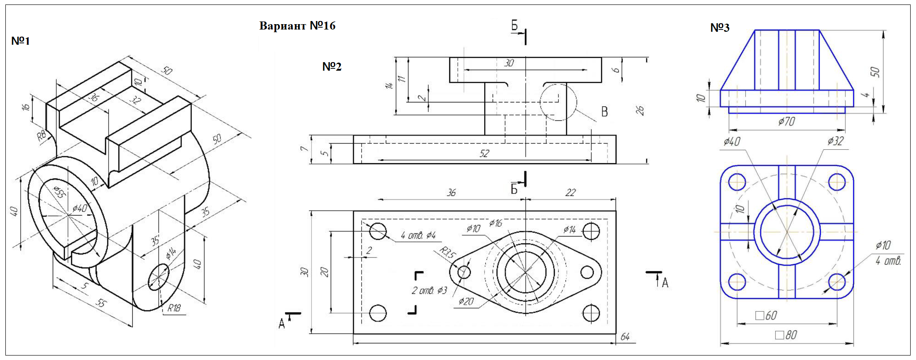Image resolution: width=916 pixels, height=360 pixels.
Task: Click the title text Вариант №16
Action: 297,26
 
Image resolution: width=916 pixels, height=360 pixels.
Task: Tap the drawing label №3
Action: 720,28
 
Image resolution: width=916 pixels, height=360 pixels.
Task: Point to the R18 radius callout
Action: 174,308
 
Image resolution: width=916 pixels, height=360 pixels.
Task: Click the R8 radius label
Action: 41,136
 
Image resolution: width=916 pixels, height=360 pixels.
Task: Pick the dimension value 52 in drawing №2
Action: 484,153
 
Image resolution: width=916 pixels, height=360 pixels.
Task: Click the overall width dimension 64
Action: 625,337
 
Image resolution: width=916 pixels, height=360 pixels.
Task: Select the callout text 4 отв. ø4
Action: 418,235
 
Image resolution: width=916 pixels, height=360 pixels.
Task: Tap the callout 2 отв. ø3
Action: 429,291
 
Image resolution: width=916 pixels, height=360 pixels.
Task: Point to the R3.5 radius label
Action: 447,253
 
